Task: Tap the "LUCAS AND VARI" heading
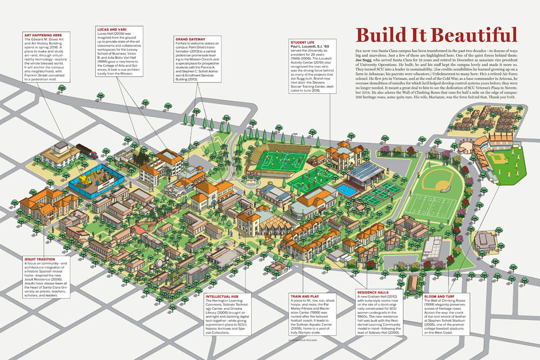tap(112, 29)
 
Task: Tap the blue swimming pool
tap(346, 191)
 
